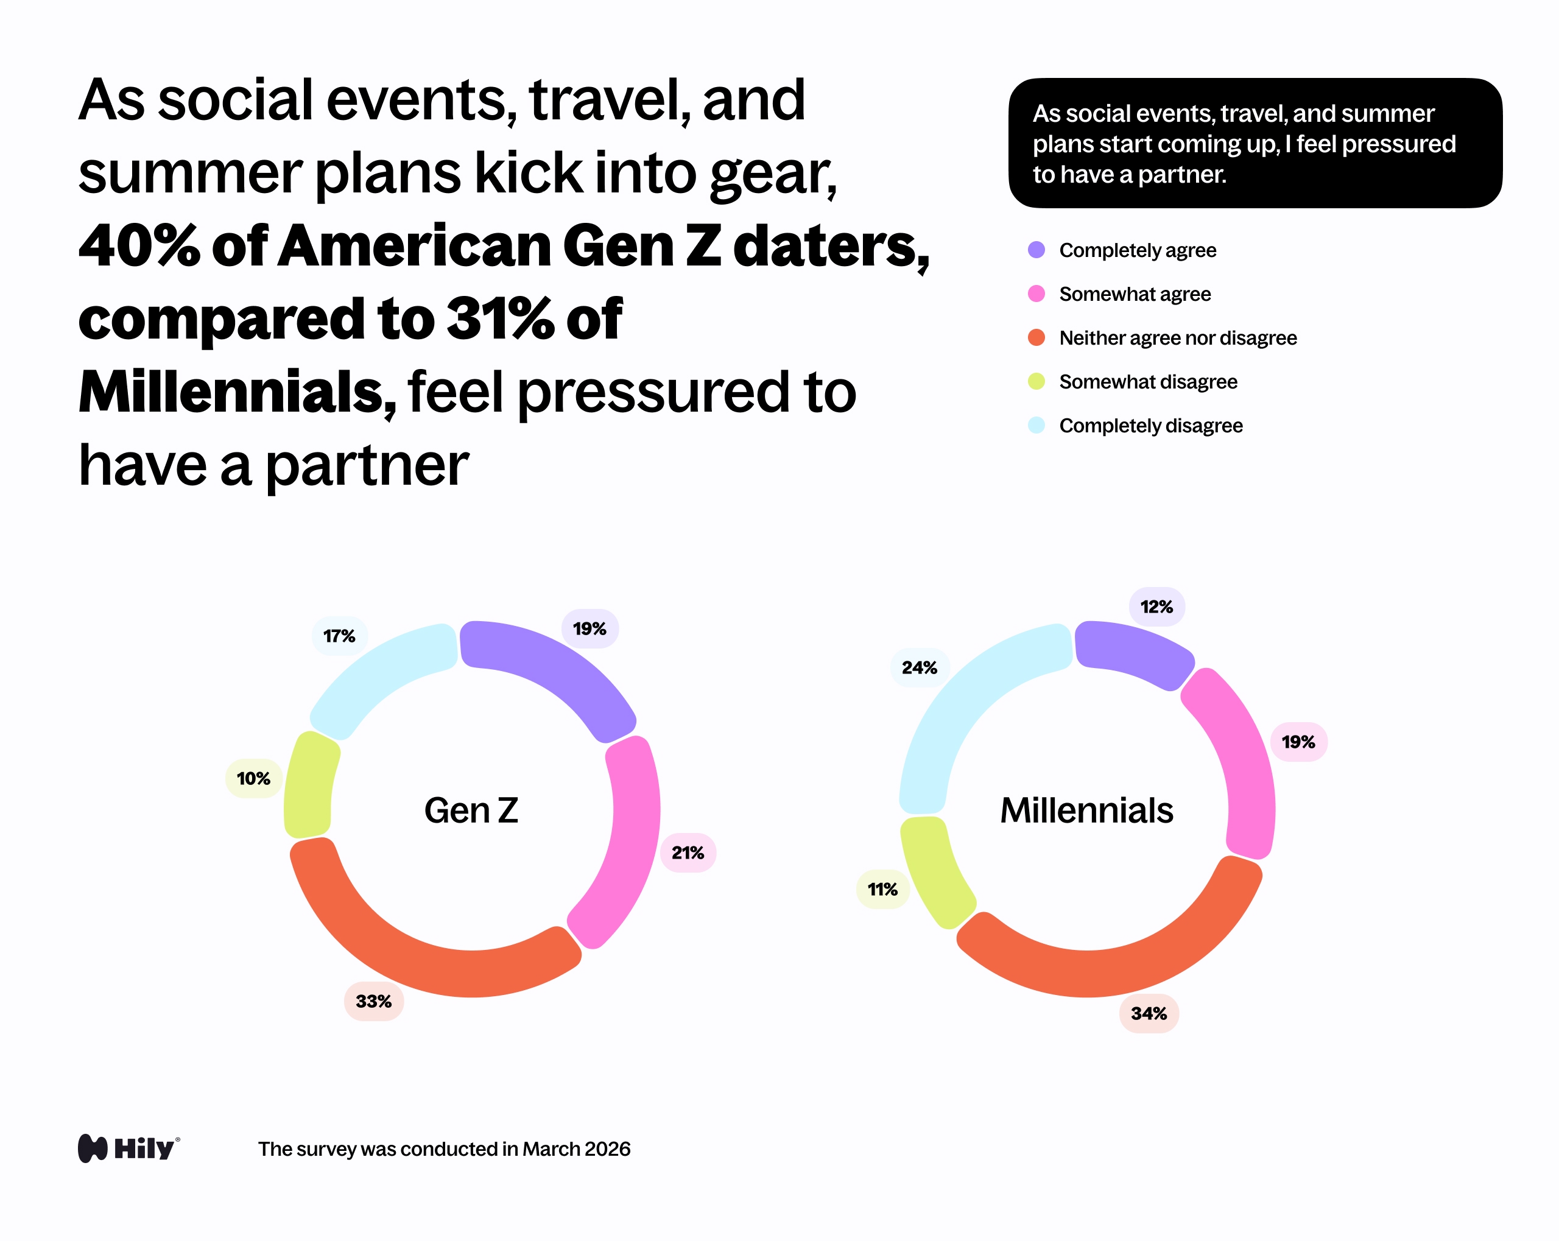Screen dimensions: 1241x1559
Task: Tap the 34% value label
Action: point(1149,1013)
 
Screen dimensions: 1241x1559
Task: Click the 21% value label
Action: point(688,853)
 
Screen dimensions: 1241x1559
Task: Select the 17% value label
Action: point(339,636)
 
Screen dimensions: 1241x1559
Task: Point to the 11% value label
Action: point(882,889)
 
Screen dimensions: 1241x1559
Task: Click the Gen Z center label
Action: point(471,810)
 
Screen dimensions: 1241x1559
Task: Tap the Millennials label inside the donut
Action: point(1086,810)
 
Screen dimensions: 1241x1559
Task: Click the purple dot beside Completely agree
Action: point(1036,250)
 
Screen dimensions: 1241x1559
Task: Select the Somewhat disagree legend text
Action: point(1147,381)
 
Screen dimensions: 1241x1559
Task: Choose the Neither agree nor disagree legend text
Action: point(1177,338)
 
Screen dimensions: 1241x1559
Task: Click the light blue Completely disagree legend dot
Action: point(1036,425)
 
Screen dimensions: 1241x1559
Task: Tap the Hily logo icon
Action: point(93,1148)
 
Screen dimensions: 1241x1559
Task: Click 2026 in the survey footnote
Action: point(607,1149)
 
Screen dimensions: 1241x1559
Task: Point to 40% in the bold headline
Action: point(138,246)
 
